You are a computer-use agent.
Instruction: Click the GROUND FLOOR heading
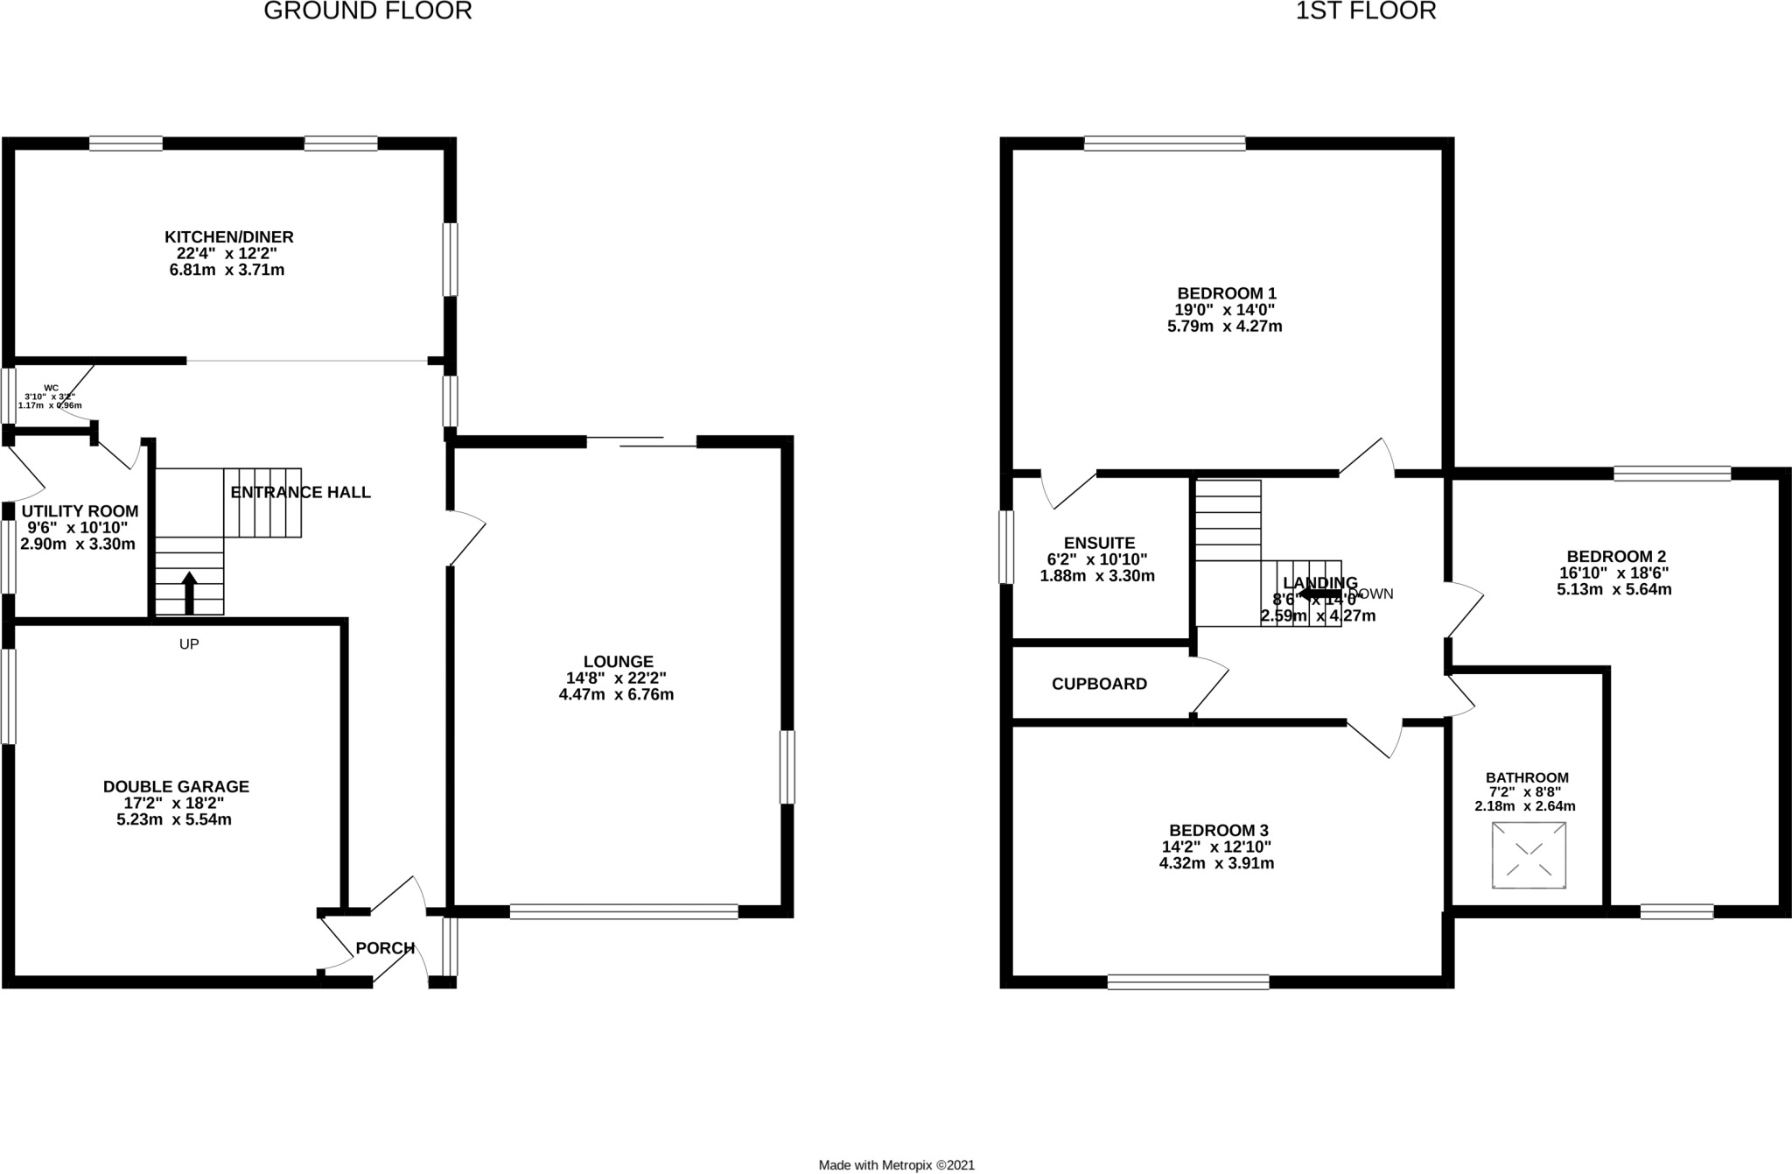367,11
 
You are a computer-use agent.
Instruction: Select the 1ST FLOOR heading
1365,11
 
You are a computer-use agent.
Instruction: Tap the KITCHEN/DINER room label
228,237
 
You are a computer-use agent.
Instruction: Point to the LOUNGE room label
618,662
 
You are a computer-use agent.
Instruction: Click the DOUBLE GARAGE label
176,787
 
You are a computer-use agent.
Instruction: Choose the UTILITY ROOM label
80,511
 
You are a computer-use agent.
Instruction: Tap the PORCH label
385,948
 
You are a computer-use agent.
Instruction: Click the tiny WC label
51,388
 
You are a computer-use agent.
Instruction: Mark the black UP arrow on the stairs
189,592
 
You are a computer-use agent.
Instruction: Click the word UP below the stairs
189,644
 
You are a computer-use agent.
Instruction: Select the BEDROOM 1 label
1225,293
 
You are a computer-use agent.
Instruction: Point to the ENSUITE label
1099,543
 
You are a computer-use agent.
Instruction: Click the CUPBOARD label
1099,684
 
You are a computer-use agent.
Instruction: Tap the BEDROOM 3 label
1218,830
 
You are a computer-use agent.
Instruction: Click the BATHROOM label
1527,777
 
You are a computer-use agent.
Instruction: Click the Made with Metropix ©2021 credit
896,1165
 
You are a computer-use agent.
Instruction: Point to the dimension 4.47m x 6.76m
616,695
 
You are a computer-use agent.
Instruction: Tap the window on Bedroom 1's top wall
1164,144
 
